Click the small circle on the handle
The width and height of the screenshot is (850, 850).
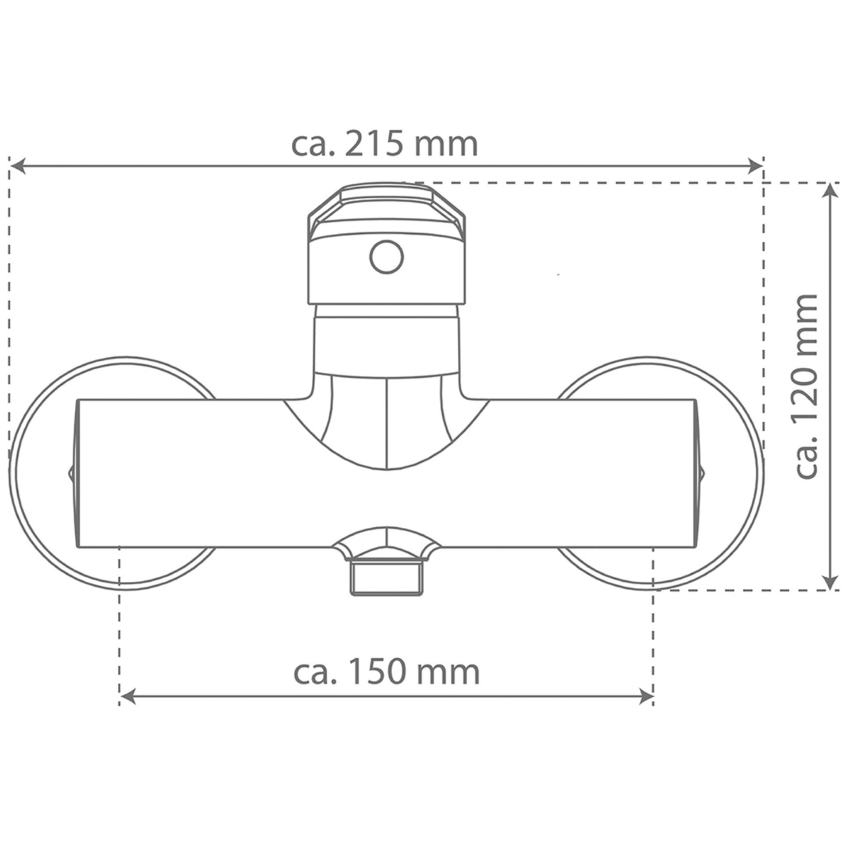click(387, 257)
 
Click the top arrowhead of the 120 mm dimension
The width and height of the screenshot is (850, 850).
click(832, 192)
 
